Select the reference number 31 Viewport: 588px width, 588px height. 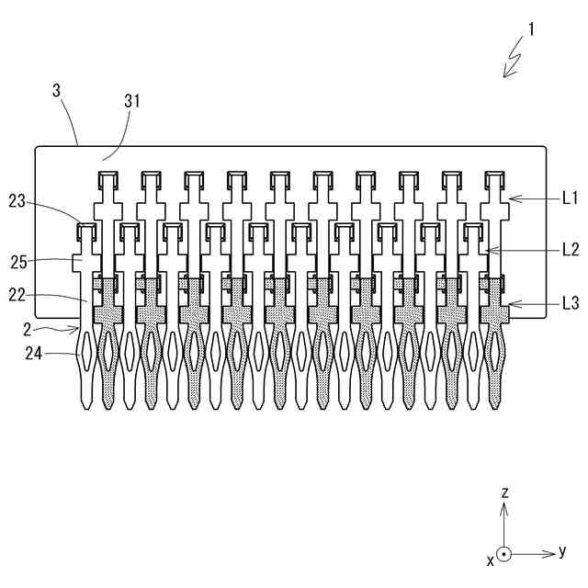[131, 102]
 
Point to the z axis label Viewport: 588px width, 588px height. [504, 493]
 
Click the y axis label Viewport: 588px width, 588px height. [561, 551]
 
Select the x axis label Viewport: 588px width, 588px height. [491, 558]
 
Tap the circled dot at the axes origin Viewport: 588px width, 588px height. [504, 555]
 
